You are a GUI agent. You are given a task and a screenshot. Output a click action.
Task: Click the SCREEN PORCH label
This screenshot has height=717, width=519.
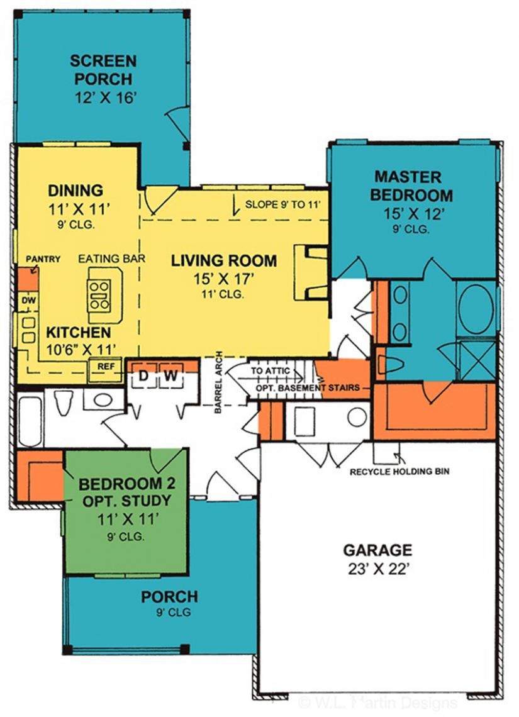point(103,70)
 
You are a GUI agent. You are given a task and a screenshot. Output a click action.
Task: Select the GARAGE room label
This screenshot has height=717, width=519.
point(377,550)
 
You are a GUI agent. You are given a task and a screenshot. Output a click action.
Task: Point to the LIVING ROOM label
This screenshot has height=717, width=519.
point(224,260)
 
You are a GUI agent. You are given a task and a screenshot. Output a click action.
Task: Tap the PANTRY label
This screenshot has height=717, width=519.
point(43,258)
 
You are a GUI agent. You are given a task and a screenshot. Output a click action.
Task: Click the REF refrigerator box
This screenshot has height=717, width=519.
point(104,366)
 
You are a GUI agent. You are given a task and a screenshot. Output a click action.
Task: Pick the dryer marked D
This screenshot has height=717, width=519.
point(143,377)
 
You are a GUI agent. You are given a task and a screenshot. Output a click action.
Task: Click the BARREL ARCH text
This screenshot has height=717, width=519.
point(218,382)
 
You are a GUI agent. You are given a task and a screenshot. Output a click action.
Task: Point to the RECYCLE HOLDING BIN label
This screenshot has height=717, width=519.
point(399,470)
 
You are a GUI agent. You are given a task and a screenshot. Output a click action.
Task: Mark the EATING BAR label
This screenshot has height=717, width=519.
point(103,258)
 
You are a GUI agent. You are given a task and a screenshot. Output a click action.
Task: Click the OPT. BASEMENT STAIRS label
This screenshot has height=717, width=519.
point(307,388)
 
